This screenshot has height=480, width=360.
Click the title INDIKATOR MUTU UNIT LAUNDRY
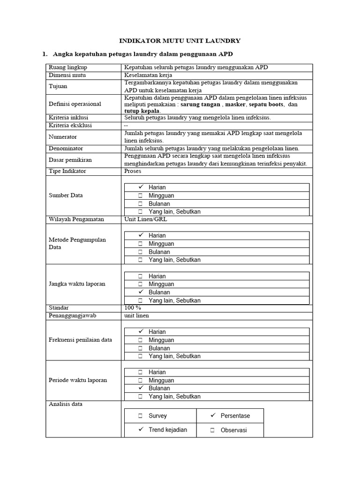(x=180, y=41)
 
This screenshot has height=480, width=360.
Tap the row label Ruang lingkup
(x=68, y=67)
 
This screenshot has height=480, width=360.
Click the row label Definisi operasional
(x=75, y=104)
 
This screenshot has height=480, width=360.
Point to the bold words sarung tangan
(x=200, y=105)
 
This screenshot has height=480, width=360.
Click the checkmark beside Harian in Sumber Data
(x=140, y=187)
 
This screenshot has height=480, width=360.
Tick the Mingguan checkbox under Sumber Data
(x=140, y=195)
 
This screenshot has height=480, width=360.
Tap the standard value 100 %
(x=133, y=307)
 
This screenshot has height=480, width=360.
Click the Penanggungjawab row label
(x=72, y=315)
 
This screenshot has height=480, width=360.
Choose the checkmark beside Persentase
(x=212, y=415)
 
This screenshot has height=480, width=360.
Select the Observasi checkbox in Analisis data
(x=212, y=430)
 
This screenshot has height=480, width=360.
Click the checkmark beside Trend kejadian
(x=140, y=429)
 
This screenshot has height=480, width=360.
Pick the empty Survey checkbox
(x=140, y=416)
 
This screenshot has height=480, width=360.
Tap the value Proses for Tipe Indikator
(x=133, y=171)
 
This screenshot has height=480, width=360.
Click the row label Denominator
(x=66, y=148)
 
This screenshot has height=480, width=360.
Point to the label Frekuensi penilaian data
(x=80, y=340)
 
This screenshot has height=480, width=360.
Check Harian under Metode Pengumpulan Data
(x=140, y=235)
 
